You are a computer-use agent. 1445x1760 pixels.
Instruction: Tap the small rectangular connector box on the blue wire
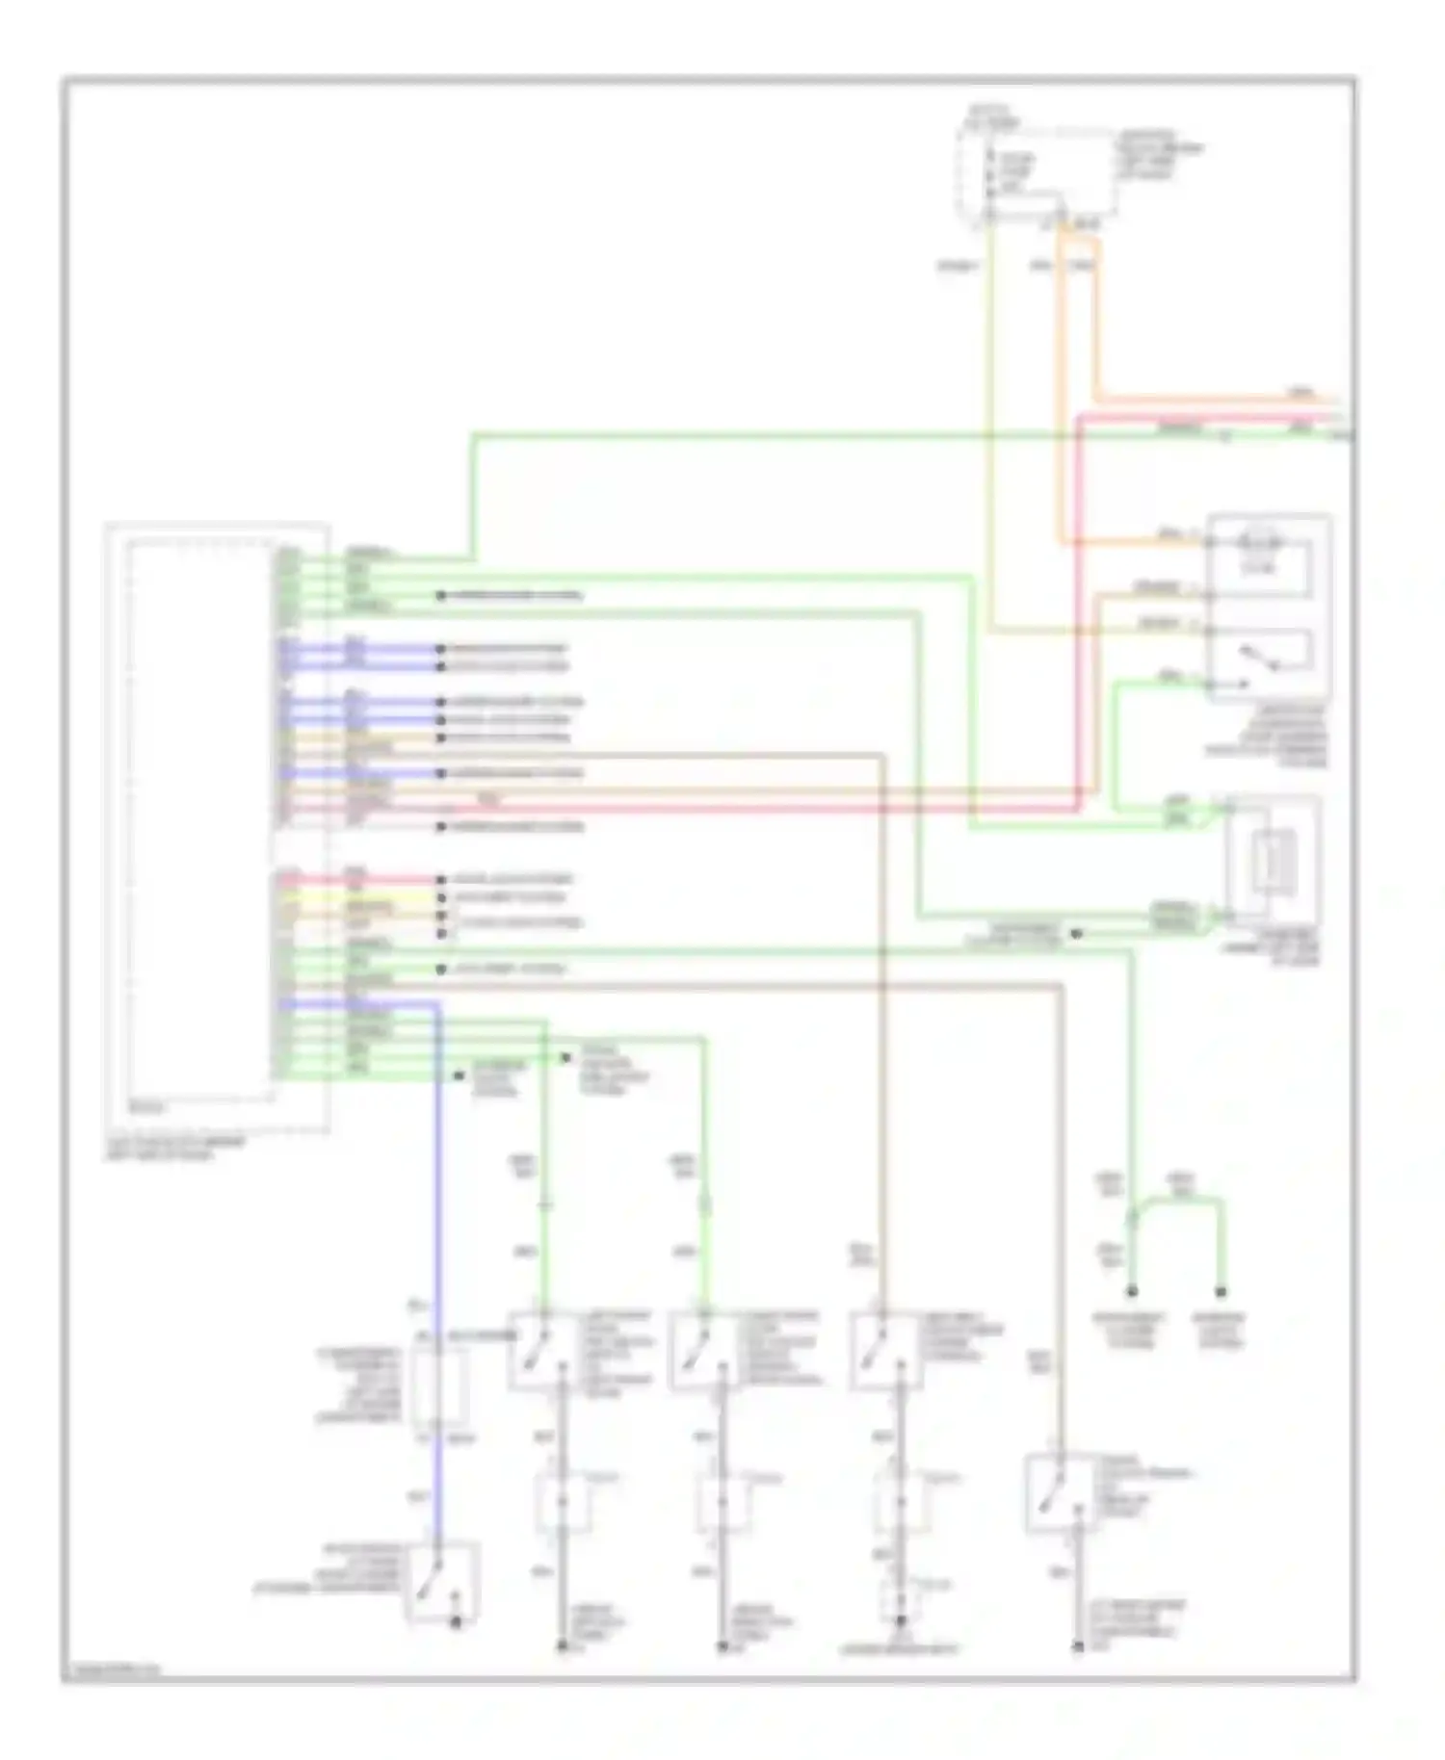tap(439, 1386)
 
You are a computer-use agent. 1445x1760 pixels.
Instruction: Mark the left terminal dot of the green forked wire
tap(1132, 1291)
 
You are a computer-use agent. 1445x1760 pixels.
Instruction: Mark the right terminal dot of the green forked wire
tap(1221, 1291)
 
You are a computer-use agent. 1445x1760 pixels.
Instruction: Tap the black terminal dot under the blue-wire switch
tap(457, 1622)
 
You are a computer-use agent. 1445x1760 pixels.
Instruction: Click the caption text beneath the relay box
tap(1267, 737)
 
